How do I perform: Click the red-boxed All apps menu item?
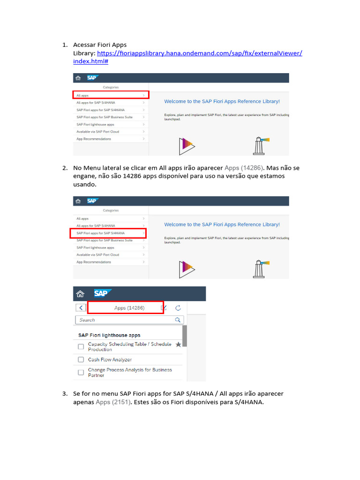pos(111,95)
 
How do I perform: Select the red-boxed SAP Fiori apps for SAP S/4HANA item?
pos(108,233)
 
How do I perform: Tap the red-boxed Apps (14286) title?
pos(129,308)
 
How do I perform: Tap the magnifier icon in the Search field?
pos(178,320)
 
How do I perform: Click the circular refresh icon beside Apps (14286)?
pos(178,308)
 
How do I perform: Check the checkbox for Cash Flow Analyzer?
pos(81,360)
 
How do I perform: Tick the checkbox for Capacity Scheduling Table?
pos(81,346)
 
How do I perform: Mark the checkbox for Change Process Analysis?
pos(81,372)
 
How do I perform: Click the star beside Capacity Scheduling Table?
pos(178,345)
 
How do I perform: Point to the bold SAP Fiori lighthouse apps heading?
pos(109,335)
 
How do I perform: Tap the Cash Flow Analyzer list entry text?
pos(110,360)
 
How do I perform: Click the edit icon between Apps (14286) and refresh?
pos(164,308)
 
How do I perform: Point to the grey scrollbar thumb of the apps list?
pos(184,336)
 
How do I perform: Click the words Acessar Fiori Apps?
pos(100,45)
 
